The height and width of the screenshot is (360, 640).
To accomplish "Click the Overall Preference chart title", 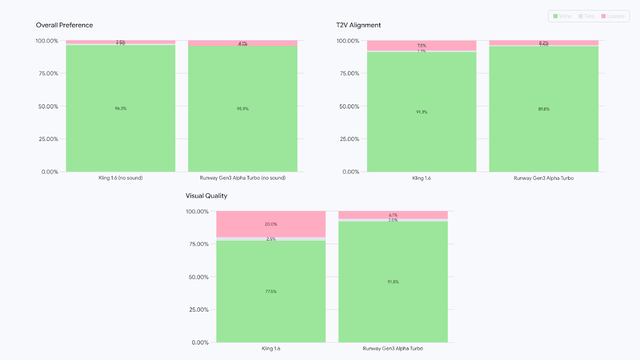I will [x=64, y=25].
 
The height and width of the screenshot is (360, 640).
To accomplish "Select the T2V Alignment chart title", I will [x=359, y=25].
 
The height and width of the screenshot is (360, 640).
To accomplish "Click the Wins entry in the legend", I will [x=562, y=16].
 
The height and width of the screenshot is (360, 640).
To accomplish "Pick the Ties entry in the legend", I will [x=586, y=16].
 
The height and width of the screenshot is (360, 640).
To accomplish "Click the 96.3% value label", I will [x=120, y=108].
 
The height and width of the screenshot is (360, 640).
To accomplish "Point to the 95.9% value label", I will [x=243, y=109].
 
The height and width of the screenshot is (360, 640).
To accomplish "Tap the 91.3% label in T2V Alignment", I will [x=421, y=112].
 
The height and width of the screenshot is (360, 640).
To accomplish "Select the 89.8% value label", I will [x=544, y=109].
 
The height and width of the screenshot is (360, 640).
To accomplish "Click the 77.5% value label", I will [x=271, y=292].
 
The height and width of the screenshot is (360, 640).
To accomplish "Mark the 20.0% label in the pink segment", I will [x=271, y=224].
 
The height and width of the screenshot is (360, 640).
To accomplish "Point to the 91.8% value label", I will [x=393, y=282].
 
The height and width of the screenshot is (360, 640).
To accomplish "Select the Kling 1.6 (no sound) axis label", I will [x=120, y=178].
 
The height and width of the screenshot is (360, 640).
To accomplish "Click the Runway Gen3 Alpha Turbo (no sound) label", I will [x=243, y=178].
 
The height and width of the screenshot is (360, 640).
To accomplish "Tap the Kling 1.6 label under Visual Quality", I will [x=271, y=348].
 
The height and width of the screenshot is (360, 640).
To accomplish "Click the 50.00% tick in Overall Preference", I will [x=47, y=106].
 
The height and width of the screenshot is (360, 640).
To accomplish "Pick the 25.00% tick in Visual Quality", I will [x=197, y=310].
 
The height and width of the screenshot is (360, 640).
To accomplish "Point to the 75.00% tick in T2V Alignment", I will [x=348, y=73].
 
